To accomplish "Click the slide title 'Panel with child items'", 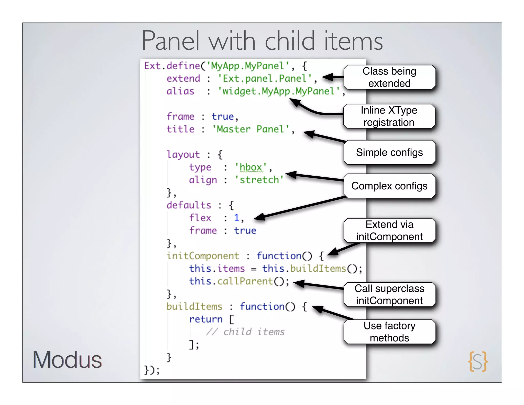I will point(262,41).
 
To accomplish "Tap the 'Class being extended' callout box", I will point(389,77).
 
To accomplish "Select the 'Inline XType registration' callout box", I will point(389,116).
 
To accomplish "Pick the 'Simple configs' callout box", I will point(389,153).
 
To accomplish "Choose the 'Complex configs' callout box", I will point(389,186).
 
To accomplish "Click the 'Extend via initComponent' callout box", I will point(389,230).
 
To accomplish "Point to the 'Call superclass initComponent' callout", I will point(389,294).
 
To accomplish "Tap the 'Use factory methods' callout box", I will point(389,332).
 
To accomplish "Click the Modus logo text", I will point(67,360).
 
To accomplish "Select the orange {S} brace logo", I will point(478,361).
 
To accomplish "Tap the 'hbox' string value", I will point(251,167).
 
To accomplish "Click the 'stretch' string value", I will point(259,180).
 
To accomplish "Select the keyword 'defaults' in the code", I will point(189,205).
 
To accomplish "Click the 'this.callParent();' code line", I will point(239,281).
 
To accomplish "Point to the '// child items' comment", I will point(245,332).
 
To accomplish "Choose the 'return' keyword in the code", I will point(206,319).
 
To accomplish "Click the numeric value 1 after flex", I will point(236,218).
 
